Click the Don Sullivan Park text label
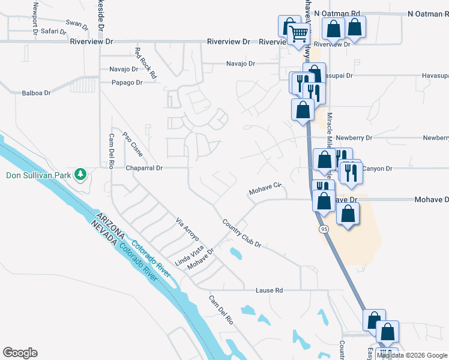(37, 176)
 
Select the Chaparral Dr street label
(144, 169)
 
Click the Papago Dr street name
(126, 82)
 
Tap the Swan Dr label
(78, 24)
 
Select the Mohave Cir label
(265, 188)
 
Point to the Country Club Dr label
(241, 233)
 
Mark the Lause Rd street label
(269, 290)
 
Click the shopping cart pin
(298, 36)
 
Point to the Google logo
(20, 353)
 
